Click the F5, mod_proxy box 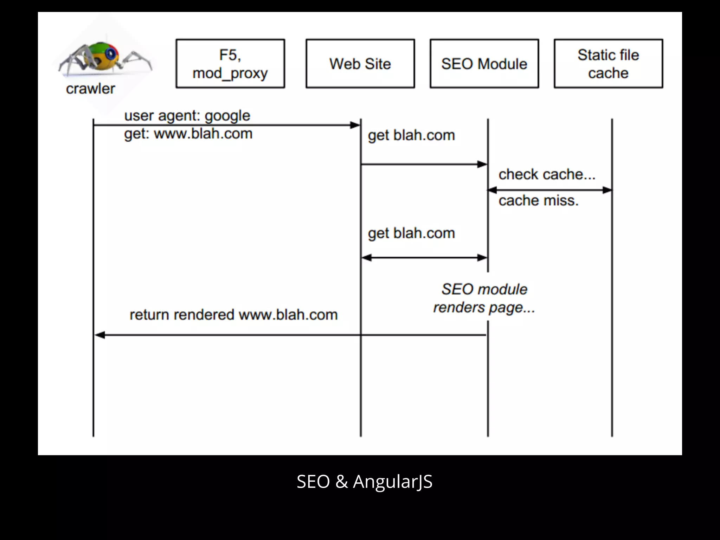(x=230, y=64)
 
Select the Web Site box (x=360, y=64)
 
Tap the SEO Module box (x=484, y=64)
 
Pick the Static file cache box (x=608, y=64)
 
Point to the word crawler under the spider (x=90, y=89)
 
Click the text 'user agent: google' (x=187, y=116)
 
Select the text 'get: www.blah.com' (x=188, y=134)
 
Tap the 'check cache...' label (x=547, y=174)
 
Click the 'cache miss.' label (x=538, y=201)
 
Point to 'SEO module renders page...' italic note (x=484, y=298)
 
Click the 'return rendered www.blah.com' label (x=233, y=315)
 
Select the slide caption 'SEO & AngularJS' (x=365, y=481)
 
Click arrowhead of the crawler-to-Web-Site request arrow (x=355, y=125)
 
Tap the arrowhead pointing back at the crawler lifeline (x=100, y=335)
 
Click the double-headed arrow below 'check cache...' (x=549, y=190)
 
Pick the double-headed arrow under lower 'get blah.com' (x=424, y=258)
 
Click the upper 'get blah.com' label (x=411, y=135)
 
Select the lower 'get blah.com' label (x=411, y=233)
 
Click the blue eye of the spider (x=111, y=53)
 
